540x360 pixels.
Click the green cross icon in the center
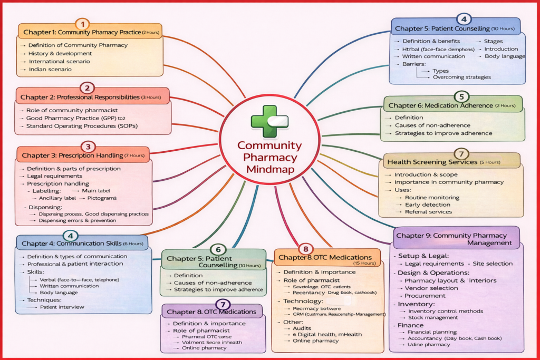coord(269,121)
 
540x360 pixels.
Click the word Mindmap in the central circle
coord(269,170)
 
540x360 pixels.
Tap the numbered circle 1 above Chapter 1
coord(82,24)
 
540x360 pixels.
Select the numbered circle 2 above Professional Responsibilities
coord(87,87)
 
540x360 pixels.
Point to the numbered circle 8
coord(305,248)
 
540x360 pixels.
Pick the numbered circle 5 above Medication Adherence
coord(461,96)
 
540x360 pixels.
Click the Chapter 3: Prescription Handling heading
coord(83,155)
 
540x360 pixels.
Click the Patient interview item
coord(62,307)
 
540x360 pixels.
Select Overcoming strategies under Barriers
coord(461,77)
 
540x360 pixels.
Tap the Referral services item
coord(428,212)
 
